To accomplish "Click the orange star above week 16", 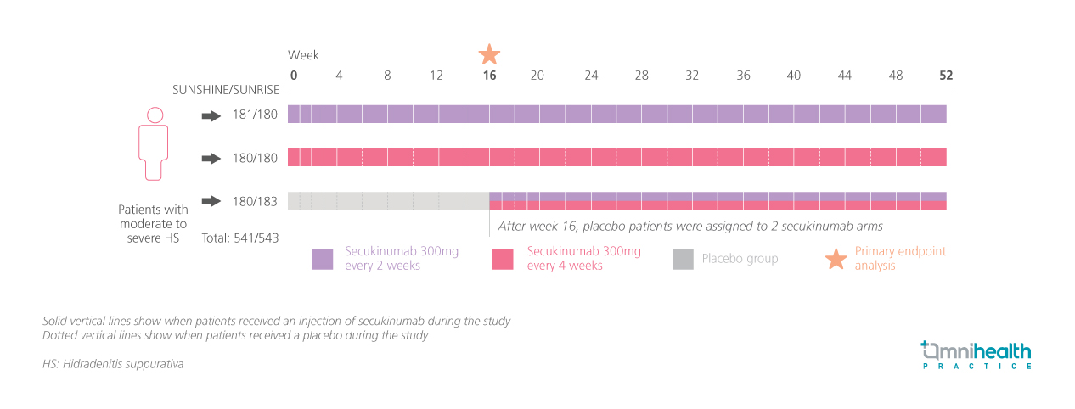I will coord(489,55).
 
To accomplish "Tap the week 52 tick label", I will coord(946,76).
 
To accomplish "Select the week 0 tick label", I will coord(294,76).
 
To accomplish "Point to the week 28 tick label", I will coord(641,76).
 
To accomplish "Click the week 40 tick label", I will coord(793,76).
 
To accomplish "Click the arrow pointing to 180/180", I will coord(211,159).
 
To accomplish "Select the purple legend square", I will coord(323,259).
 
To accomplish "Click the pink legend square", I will coord(504,259).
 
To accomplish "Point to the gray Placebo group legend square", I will coord(683,259).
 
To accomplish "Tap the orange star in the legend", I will coord(836,259).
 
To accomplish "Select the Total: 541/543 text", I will coord(240,238).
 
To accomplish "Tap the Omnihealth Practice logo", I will coord(977,355).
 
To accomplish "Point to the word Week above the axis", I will coord(303,55).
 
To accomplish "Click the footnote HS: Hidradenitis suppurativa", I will coord(113,364).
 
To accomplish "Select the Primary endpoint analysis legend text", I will coord(900,259).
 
